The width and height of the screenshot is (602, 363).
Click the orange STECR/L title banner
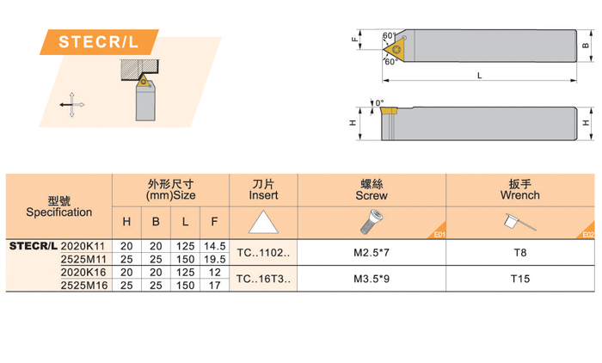[x=99, y=42]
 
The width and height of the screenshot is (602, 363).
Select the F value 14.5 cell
[x=215, y=246]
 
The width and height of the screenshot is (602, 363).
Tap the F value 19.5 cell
[x=215, y=259]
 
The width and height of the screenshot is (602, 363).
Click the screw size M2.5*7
[x=372, y=253]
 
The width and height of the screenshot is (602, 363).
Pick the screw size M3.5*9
[x=372, y=279]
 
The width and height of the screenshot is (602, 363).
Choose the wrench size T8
[x=520, y=253]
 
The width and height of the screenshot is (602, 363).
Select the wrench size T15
[x=520, y=279]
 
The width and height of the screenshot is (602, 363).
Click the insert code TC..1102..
[x=263, y=253]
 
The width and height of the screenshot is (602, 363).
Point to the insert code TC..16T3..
[x=263, y=279]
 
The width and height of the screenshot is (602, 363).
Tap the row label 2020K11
[x=83, y=246]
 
